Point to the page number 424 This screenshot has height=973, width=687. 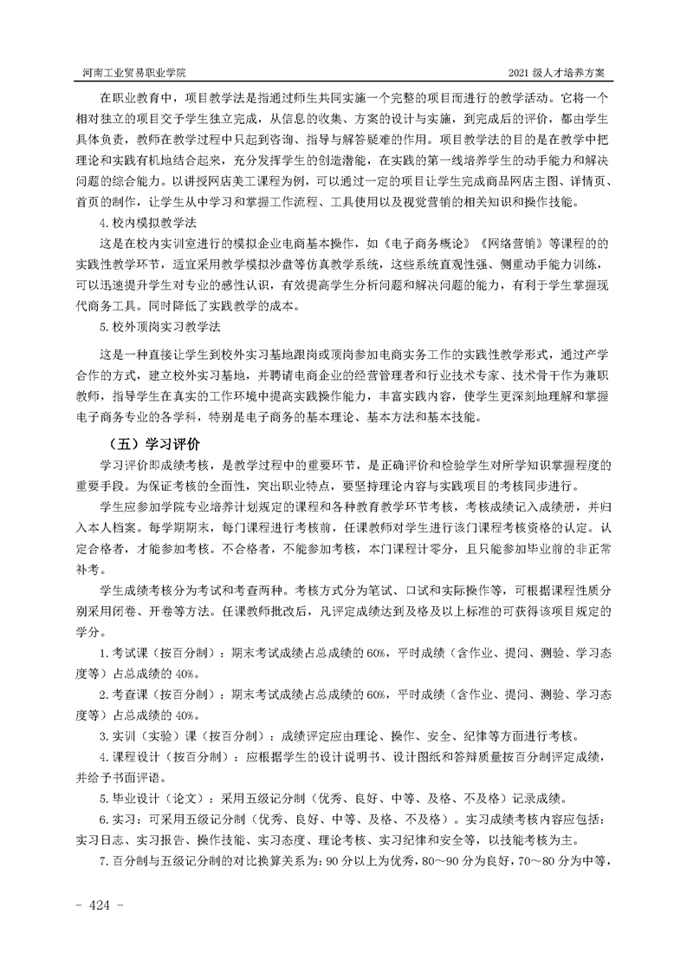102,905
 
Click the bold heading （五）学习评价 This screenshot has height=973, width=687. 151,441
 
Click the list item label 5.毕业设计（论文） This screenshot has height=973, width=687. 152,797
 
